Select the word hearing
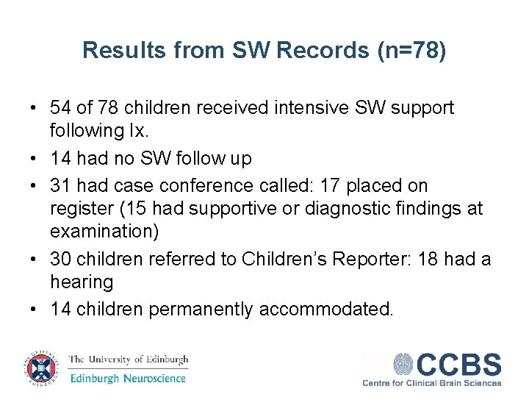coord(82,282)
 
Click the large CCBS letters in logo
coord(459,365)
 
